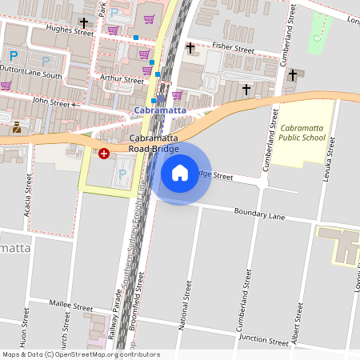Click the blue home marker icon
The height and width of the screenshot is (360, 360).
tap(180, 172)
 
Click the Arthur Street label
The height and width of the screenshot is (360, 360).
tap(117, 78)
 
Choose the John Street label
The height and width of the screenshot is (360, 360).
tap(51, 102)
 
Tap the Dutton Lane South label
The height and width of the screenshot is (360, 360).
tap(31, 74)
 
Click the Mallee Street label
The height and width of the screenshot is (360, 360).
tap(71, 306)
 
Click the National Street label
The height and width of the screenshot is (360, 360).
tap(188, 308)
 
